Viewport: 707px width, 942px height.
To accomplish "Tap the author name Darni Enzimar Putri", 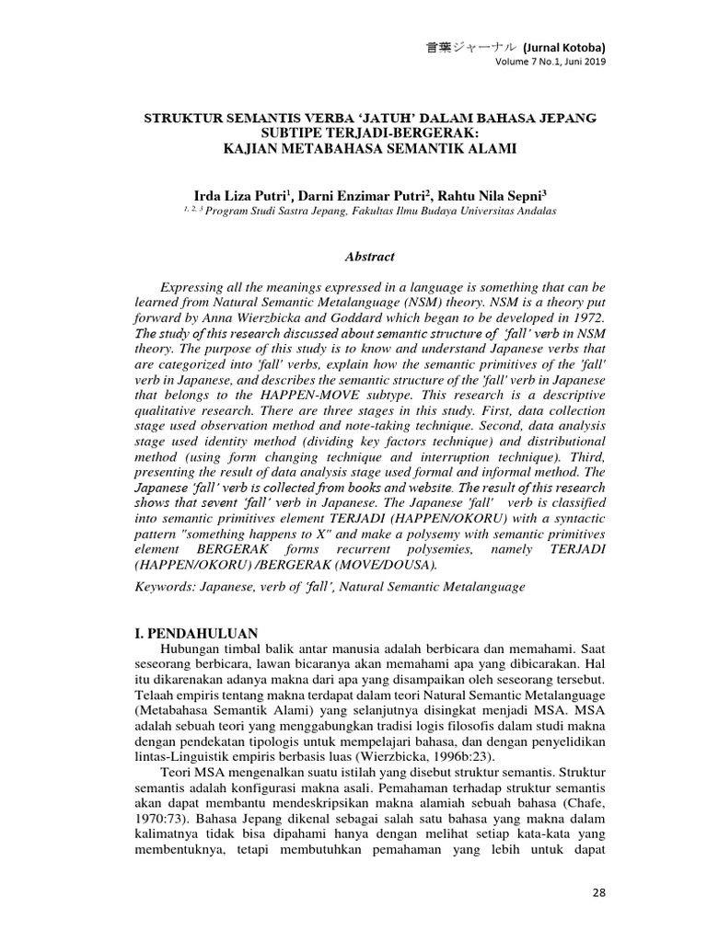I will (373, 194).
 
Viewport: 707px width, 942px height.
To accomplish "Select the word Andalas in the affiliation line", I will (531, 211).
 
